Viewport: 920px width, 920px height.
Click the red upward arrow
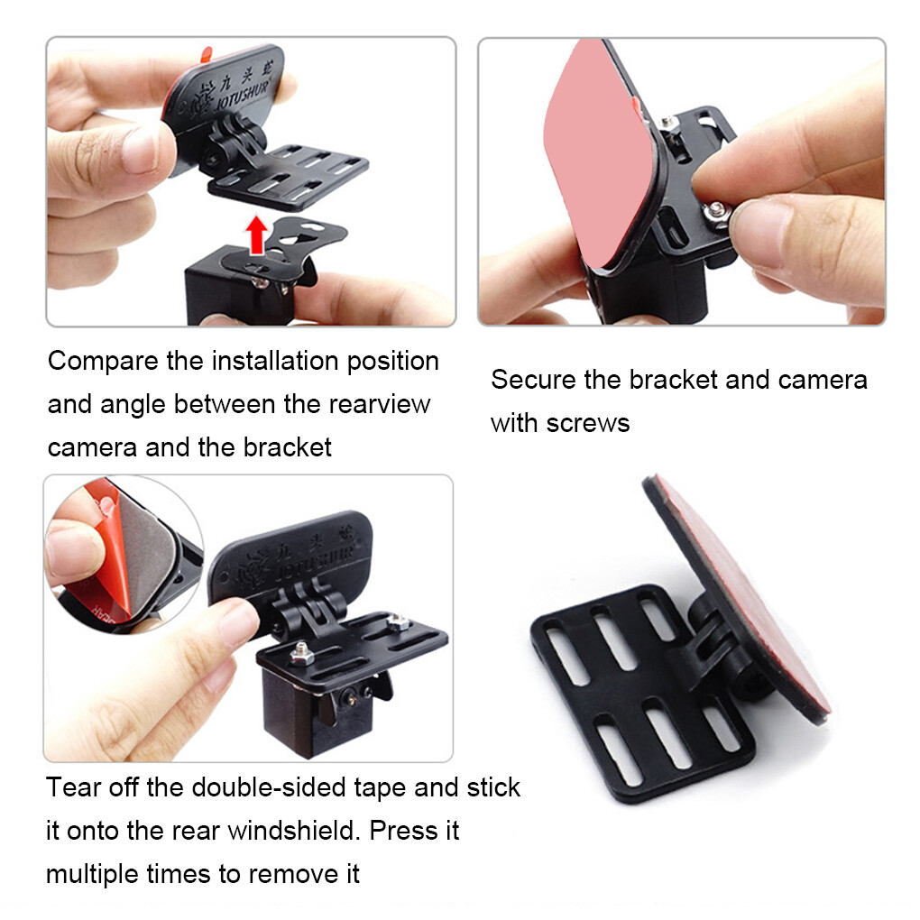256,235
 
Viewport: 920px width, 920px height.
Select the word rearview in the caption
379,404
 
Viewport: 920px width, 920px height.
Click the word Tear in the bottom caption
73,787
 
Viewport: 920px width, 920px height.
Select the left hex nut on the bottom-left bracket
301,651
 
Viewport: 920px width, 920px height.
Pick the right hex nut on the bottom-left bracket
398,622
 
